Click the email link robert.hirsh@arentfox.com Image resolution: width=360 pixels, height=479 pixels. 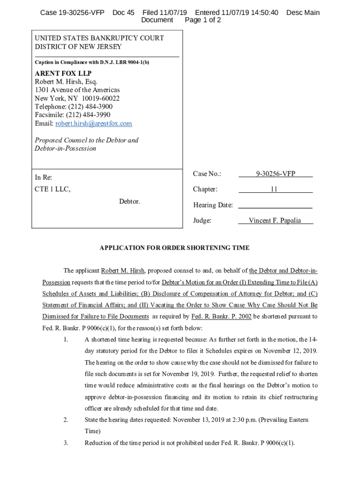94,124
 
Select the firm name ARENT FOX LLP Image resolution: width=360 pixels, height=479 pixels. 63,73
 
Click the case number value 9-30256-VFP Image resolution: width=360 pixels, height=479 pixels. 275,174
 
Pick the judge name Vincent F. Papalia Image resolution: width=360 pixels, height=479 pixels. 275,220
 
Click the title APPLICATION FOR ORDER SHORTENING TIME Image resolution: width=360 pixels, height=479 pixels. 174,248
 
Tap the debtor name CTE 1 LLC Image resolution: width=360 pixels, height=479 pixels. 52,189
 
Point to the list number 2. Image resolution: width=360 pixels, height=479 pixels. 66,420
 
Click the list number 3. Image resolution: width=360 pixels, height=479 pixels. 66,443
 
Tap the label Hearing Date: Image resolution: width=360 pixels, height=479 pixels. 213,205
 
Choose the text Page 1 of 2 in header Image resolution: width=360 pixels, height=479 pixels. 203,20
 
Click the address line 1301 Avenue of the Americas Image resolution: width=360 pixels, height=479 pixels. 77,90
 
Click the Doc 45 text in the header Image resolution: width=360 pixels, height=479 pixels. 123,13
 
